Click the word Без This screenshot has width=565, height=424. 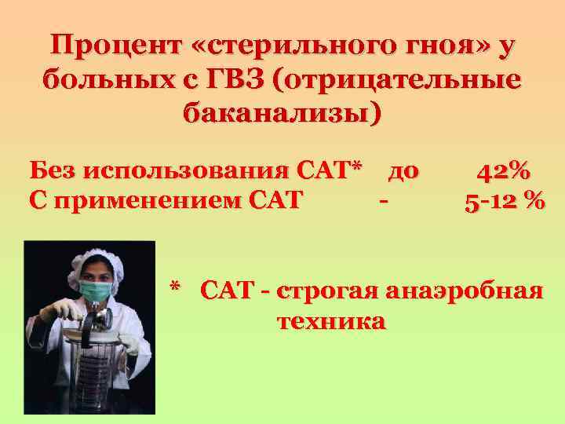point(54,170)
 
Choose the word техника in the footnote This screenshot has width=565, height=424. point(331,321)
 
